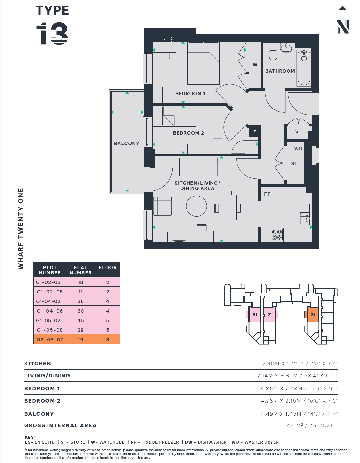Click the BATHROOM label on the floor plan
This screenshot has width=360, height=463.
[280, 71]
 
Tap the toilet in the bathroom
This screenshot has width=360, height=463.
[273, 54]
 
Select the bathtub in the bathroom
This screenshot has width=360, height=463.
[304, 68]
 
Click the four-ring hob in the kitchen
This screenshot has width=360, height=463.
[277, 235]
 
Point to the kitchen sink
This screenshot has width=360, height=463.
[305, 218]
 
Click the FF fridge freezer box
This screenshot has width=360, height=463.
[267, 194]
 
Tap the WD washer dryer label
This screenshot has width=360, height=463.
[298, 149]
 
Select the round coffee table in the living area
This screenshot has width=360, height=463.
[196, 206]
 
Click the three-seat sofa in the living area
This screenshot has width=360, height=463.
[197, 167]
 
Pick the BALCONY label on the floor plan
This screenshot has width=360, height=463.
[126, 143]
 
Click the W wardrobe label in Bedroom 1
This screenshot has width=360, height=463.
[255, 65]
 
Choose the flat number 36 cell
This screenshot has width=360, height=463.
[80, 301]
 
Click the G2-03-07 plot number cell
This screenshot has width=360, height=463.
[50, 339]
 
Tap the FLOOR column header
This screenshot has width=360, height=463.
[108, 268]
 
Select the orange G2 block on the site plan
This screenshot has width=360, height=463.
[313, 314]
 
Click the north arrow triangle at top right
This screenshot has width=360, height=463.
[343, 8]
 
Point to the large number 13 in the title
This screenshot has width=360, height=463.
[52, 33]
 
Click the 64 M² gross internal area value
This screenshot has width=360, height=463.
[295, 425]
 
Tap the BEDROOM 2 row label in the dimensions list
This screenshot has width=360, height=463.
[42, 401]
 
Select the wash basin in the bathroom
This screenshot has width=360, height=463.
[286, 47]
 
